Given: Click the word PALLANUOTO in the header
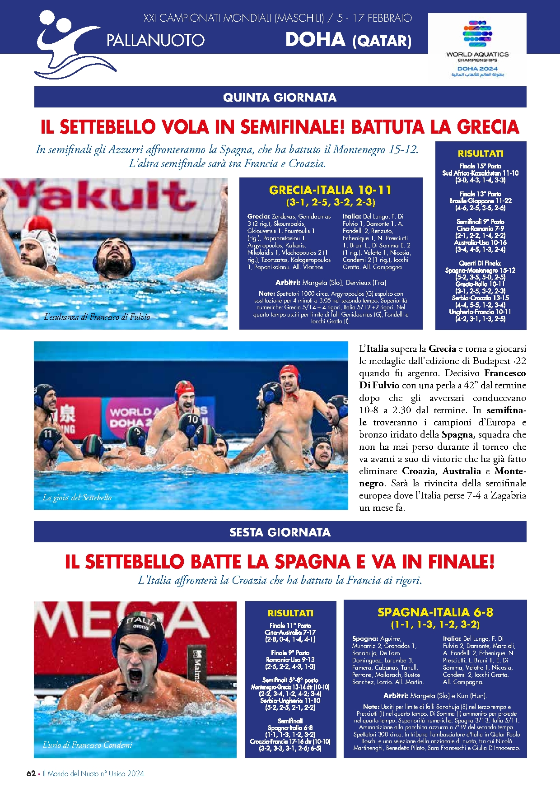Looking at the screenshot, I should click(155, 41).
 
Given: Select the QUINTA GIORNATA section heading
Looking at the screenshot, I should click(280, 97).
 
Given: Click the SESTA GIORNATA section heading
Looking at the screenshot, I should click(280, 532).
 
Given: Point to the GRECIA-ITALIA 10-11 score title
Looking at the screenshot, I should click(330, 190).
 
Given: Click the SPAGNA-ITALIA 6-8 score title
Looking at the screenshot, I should click(435, 612).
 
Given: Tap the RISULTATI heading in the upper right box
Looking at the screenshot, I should click(481, 154).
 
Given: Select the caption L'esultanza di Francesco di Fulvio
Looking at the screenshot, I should click(97, 317).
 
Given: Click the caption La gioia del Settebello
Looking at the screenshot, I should click(77, 498).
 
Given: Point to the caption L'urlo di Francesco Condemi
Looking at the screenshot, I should click(87, 745).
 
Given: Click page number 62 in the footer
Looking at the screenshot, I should click(31, 773).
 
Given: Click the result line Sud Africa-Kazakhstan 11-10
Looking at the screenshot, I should click(480, 173).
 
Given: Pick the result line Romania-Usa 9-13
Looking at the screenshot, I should click(290, 660).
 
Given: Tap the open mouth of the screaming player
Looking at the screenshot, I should click(135, 676).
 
